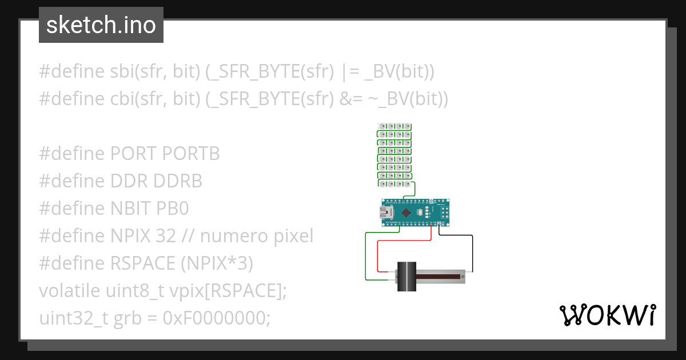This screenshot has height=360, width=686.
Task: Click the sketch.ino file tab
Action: click(101, 25)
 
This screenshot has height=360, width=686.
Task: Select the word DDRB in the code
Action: click(178, 181)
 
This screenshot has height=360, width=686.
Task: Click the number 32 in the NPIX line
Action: click(165, 236)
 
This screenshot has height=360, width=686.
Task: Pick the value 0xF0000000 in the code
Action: click(217, 318)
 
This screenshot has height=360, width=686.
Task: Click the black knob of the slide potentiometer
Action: click(406, 277)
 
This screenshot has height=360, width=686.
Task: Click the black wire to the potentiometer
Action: click(473, 251)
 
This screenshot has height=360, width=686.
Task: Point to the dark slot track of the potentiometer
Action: click(440, 277)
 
